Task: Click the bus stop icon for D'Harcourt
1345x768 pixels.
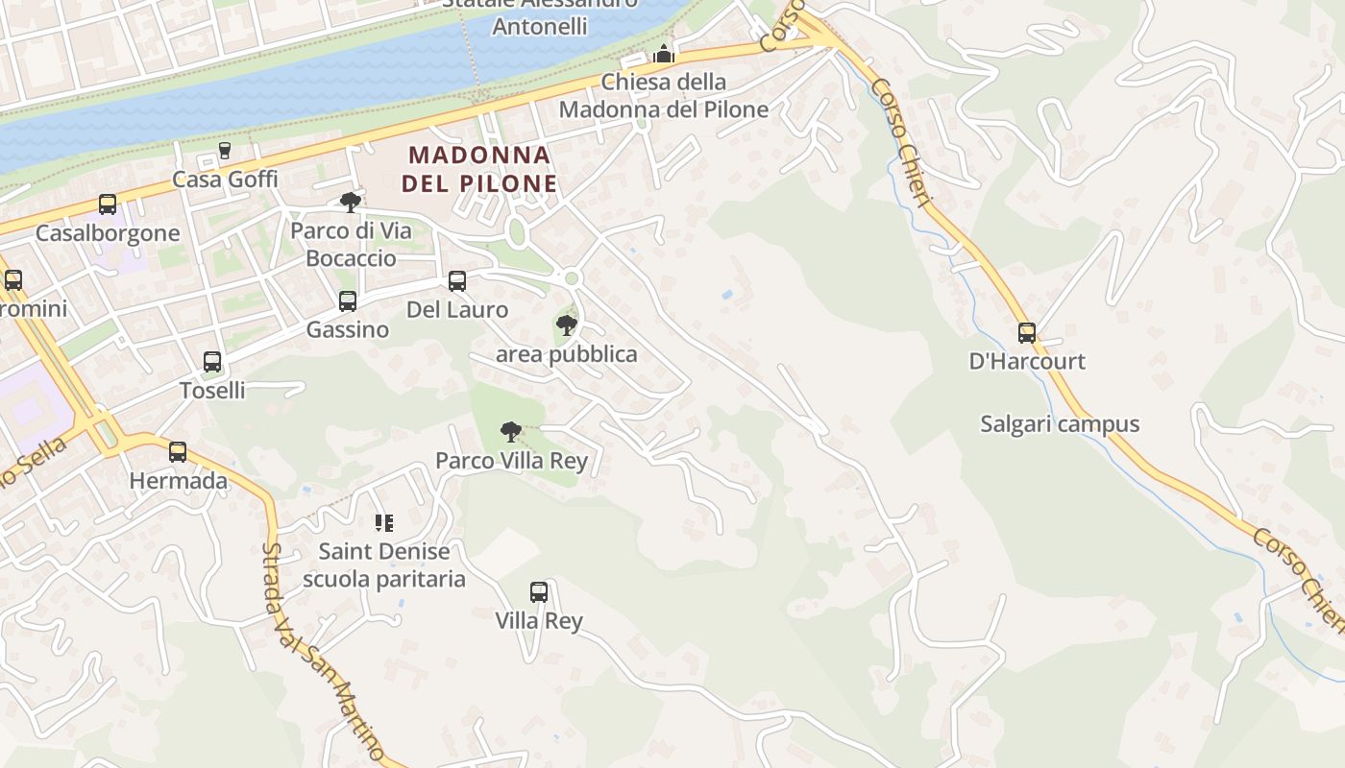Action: point(1027,333)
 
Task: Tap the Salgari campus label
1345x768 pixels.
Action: point(1060,423)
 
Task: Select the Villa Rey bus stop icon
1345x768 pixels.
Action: point(539,592)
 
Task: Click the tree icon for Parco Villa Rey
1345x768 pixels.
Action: point(511,432)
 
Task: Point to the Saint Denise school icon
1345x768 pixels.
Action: point(384,523)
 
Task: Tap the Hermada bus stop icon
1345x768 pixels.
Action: point(178,452)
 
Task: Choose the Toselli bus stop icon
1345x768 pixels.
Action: point(212,362)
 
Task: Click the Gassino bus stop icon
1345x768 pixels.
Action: point(348,301)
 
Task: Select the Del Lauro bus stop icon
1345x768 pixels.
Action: point(457,281)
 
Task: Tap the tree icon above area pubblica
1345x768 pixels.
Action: point(567,325)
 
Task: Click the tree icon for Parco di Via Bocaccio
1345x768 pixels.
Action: point(351,202)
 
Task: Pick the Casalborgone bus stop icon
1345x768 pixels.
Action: point(108,204)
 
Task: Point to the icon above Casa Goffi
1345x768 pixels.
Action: point(225,151)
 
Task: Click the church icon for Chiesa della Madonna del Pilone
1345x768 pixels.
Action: point(663,55)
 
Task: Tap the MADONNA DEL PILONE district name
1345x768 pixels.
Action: point(479,169)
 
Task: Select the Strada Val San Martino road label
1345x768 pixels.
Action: point(322,653)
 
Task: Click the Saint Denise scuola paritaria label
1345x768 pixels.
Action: point(384,565)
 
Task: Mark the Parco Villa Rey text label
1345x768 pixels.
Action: point(511,461)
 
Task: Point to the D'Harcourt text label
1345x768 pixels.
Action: point(1027,361)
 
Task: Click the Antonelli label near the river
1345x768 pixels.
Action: point(539,25)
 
